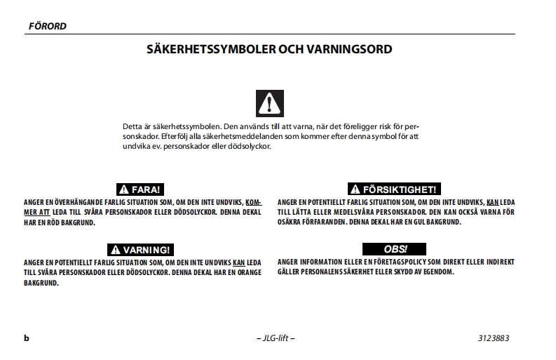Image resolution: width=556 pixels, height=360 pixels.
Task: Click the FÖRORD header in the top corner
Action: pos(48,27)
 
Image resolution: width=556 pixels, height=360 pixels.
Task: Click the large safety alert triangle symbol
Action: pos(271,104)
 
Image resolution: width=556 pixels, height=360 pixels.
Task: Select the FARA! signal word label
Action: pos(140,189)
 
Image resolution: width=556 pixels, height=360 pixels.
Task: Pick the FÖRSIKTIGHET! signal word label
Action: pos(395,189)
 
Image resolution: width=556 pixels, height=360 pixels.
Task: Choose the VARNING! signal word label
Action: pos(141,250)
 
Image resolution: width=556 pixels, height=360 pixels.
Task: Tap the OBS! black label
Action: pos(395,249)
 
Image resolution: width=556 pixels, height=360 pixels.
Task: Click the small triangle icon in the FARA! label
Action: pos(123,189)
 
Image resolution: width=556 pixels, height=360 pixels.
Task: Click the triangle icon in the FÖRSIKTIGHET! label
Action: pos(355,189)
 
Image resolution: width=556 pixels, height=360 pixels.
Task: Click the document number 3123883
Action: pos(494,338)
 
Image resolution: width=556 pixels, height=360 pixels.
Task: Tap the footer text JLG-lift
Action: pos(276,338)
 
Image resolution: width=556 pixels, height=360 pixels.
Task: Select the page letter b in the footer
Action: pos(27,338)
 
